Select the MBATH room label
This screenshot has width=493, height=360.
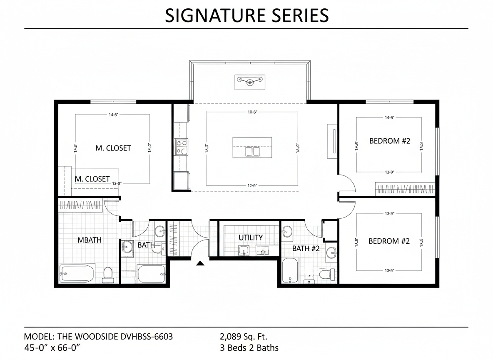90,240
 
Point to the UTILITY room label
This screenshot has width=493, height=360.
251,237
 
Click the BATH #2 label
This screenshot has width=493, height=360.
306,248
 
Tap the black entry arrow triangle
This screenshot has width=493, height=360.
201,262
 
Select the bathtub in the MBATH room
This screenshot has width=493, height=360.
77,273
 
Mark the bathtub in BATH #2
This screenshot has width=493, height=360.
290,270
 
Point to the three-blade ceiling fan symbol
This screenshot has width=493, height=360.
250,81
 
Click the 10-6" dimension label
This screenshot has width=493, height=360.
253,112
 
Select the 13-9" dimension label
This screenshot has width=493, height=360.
389,270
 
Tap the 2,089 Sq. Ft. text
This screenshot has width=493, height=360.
244,336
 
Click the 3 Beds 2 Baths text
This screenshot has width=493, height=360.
249,347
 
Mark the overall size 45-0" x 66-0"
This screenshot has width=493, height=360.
52,347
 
